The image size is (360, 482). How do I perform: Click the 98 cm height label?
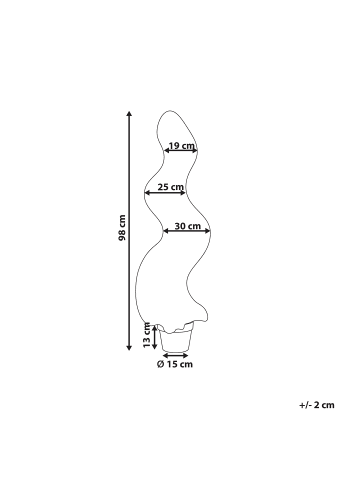tap(122, 228)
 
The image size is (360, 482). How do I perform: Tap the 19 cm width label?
tap(182, 146)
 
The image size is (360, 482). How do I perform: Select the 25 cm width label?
tap(171, 187)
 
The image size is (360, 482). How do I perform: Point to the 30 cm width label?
tap(188, 226)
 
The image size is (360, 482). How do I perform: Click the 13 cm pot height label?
tap(147, 335)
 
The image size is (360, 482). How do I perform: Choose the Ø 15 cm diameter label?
tap(175, 364)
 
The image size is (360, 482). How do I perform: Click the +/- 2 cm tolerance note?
tap(317, 405)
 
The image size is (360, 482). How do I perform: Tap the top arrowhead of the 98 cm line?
tap(129, 114)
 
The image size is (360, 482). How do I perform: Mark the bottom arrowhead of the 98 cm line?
tap(129, 348)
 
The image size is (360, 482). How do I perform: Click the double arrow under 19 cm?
tap(181, 151)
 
